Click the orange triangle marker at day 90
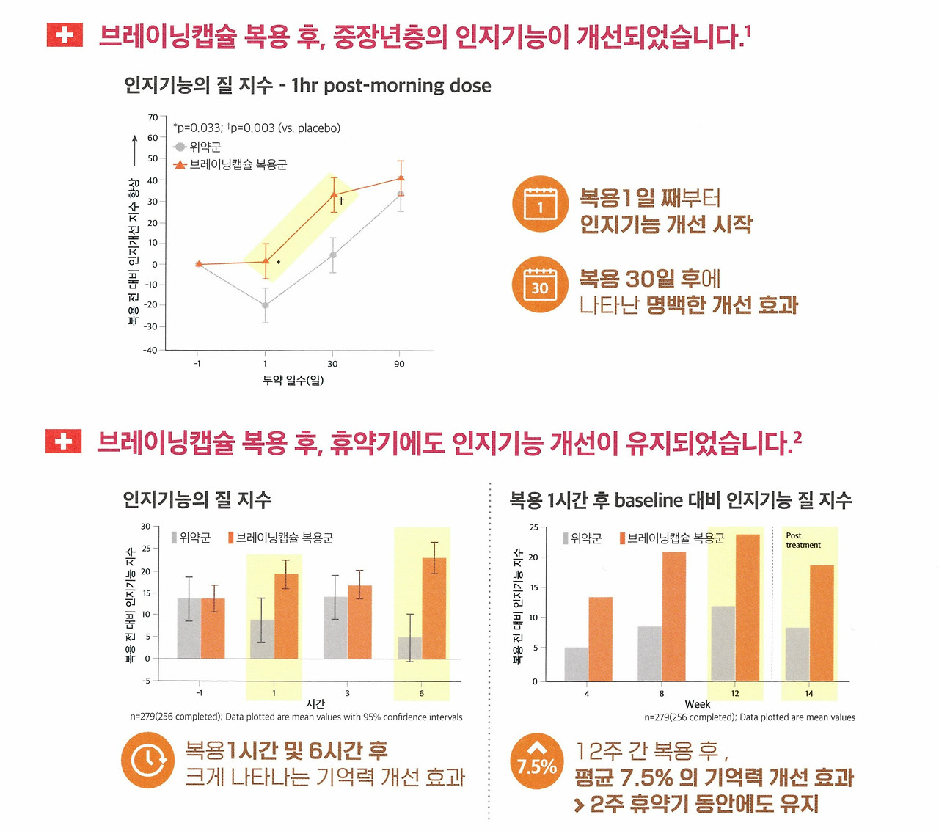[401, 177]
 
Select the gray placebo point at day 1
[266, 305]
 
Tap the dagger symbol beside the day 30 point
[341, 200]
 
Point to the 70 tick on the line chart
[153, 117]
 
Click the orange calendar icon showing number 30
[540, 285]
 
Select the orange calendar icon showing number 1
[540, 204]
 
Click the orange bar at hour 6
[434, 609]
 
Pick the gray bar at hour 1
[262, 639]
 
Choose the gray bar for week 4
[576, 664]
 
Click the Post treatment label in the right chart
[803, 541]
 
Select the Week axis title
[697, 704]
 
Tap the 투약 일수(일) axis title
[293, 380]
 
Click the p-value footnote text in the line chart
[257, 128]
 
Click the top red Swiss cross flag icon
[65, 34]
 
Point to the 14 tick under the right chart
[808, 693]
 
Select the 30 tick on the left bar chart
[145, 527]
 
